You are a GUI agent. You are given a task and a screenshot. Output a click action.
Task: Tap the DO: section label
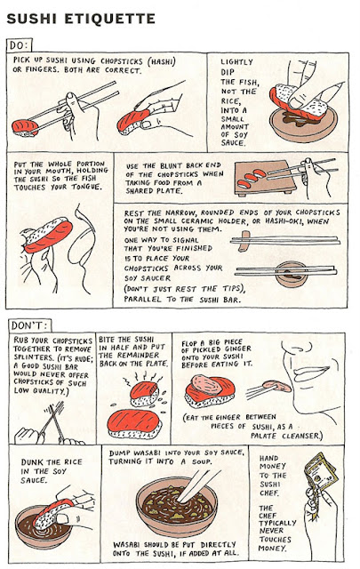pos(19,45)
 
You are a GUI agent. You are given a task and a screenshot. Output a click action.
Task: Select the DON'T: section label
pos(29,325)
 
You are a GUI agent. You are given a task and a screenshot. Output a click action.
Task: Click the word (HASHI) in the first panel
pos(162,61)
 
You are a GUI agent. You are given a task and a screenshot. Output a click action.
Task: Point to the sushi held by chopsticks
pos(25,128)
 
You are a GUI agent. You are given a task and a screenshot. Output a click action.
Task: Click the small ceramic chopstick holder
pos(244,241)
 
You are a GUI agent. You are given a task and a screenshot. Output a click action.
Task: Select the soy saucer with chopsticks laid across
pos(292,275)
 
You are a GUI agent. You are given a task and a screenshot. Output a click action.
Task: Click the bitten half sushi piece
pos(144,393)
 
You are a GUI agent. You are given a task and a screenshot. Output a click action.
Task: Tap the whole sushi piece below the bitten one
pos(134,424)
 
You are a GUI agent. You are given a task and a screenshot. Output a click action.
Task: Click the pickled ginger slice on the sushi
pos(207,385)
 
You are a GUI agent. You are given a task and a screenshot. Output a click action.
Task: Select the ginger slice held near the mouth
pos(276,386)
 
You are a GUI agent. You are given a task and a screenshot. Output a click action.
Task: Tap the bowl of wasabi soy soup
pos(176,507)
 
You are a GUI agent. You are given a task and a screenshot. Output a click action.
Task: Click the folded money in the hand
pos(320,472)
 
